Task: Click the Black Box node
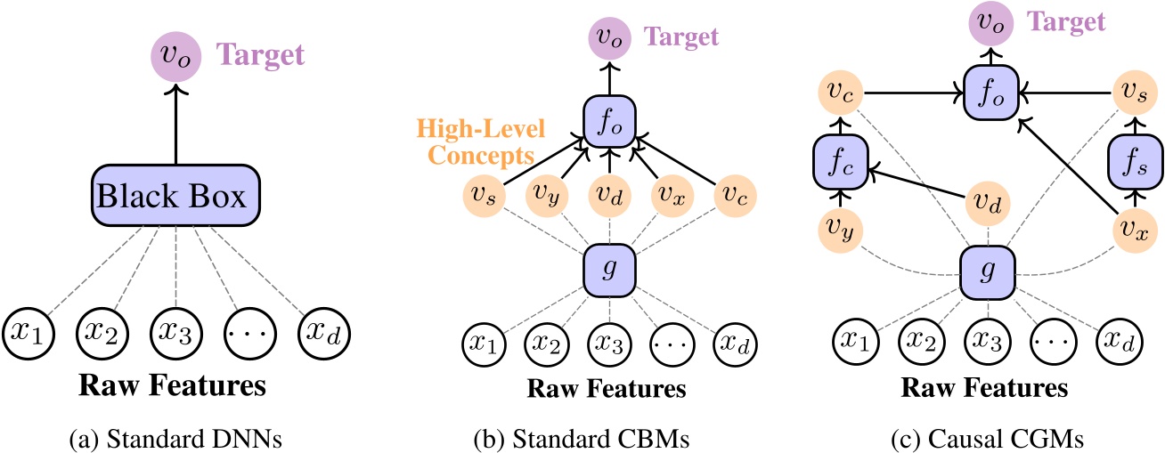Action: click(x=175, y=196)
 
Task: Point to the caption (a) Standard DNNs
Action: click(x=175, y=437)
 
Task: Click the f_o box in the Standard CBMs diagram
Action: click(x=609, y=122)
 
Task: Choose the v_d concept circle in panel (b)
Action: click(x=609, y=196)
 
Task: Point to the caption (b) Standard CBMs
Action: click(x=609, y=437)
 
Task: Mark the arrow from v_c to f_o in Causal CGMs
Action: click(x=908, y=92)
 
